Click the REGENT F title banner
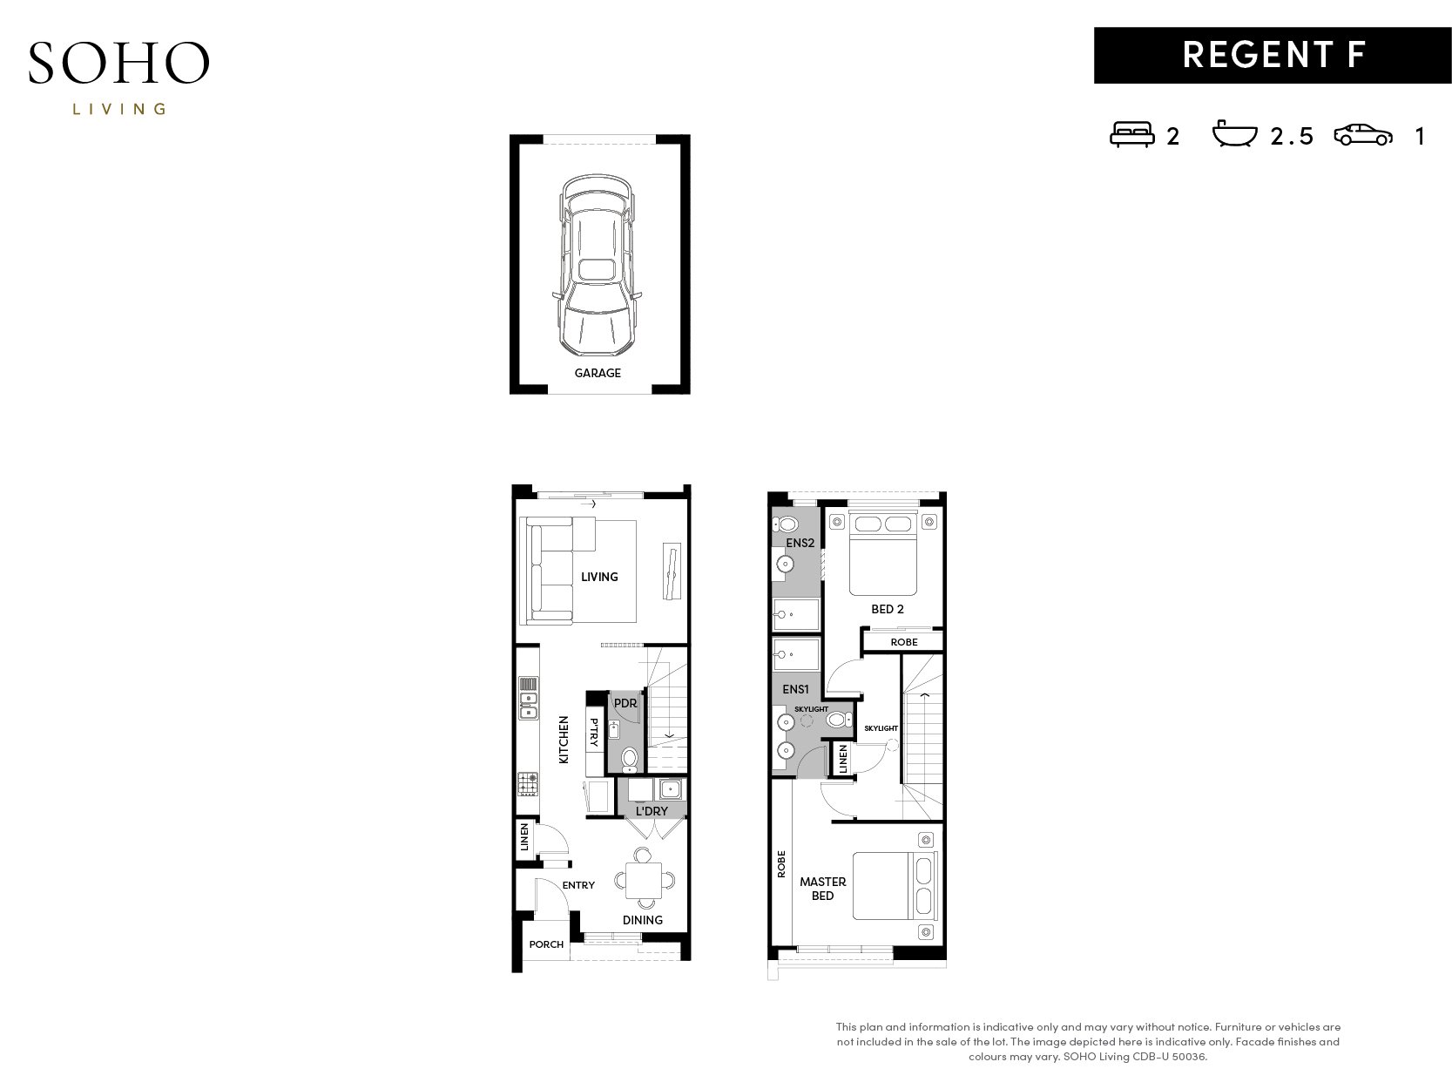[x=1272, y=55]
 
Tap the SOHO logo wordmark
[x=119, y=63]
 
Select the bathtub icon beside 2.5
[x=1233, y=133]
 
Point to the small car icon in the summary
[x=1362, y=135]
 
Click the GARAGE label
[x=598, y=373]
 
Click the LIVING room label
[x=599, y=577]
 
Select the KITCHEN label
[x=564, y=740]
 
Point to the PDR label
[x=625, y=703]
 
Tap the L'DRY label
[x=652, y=811]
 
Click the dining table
[x=644, y=880]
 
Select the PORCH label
[x=546, y=944]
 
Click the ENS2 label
[x=800, y=543]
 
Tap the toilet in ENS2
[x=785, y=524]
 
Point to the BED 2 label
[x=887, y=609]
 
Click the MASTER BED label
[x=823, y=889]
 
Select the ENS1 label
[x=795, y=689]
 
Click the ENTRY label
[x=578, y=885]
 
